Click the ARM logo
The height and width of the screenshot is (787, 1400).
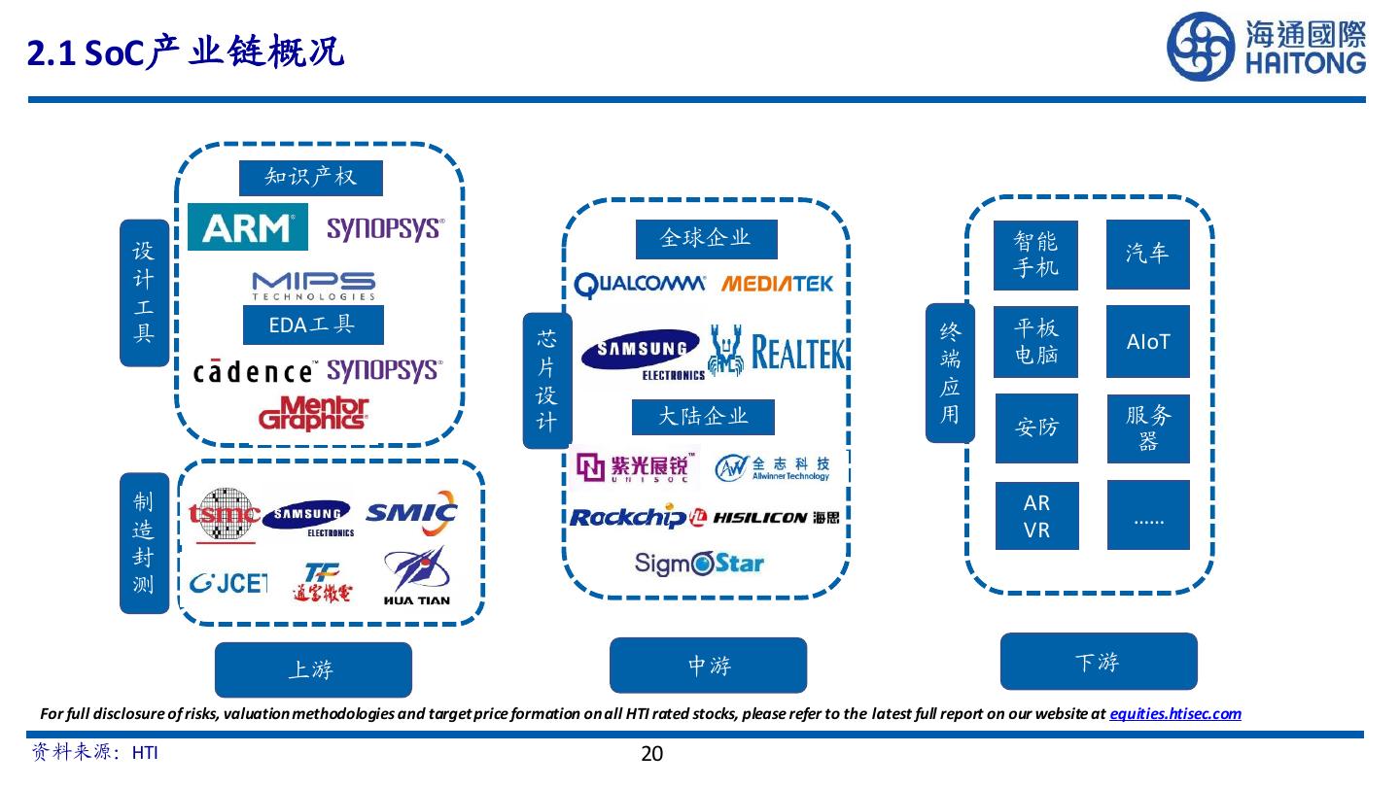pos(248,226)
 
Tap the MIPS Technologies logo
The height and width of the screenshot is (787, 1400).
pos(314,286)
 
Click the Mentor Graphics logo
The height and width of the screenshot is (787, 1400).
pos(314,414)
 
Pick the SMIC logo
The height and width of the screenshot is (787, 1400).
pos(412,513)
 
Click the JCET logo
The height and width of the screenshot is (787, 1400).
pos(228,583)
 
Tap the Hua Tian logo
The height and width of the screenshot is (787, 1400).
pos(417,576)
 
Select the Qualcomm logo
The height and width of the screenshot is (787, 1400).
pos(640,286)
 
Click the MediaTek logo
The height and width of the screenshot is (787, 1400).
pos(777,284)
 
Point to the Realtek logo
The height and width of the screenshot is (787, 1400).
pos(776,351)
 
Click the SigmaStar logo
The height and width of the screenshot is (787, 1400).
pos(699,564)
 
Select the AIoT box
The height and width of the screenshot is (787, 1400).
pos(1147,342)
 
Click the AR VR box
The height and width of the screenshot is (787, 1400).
pos(1036,516)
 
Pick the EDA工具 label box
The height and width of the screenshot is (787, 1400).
pos(313,325)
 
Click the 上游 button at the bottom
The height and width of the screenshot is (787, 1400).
pos(313,669)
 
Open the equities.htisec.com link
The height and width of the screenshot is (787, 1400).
pos(1175,713)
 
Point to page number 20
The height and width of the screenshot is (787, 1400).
pos(651,753)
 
